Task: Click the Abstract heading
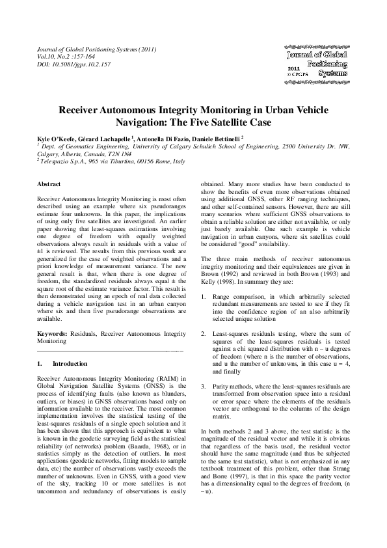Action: pos(50,185)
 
